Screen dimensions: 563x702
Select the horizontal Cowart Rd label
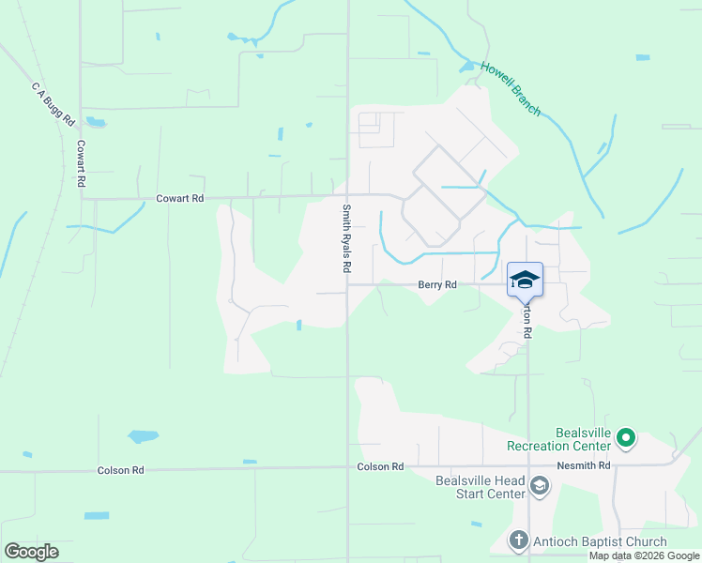coord(179,199)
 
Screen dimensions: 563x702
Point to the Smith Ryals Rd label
coord(346,238)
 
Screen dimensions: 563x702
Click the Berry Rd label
coord(437,284)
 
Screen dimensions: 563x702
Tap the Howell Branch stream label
coord(511,89)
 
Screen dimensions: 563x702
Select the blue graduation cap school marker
coord(526,279)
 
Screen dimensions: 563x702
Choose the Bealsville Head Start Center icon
coord(539,486)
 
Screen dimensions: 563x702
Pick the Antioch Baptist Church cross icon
coord(518,540)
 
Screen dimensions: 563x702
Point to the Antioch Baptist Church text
coord(600,541)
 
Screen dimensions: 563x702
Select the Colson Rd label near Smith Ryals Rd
coord(380,466)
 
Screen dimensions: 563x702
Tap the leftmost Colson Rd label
coord(120,469)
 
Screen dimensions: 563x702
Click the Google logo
coord(31,552)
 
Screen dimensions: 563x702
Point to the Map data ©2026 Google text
coord(644,555)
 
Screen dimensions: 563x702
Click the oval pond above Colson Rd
coord(143,436)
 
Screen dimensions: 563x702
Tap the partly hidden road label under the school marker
coord(527,318)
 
